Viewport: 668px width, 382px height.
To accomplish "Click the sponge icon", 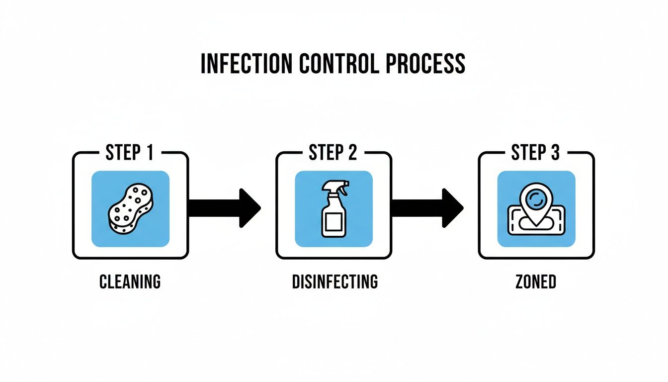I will point(130,209).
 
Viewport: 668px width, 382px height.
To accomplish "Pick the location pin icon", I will point(536,204).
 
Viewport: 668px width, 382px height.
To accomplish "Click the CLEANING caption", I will point(130,282).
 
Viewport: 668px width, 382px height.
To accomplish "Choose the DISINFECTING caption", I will point(334,282).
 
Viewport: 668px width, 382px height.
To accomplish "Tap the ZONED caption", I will point(536,282).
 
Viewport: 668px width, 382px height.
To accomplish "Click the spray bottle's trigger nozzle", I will point(336,187).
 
